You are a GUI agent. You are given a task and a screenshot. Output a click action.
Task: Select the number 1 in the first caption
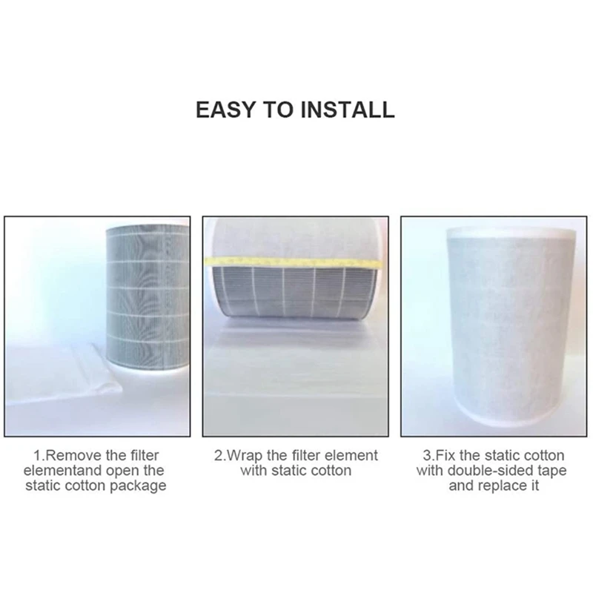[36, 455]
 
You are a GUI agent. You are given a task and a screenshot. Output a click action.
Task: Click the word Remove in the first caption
[71, 455]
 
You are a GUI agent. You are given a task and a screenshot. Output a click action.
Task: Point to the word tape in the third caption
[549, 471]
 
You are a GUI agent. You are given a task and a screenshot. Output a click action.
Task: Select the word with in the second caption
[254, 471]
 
